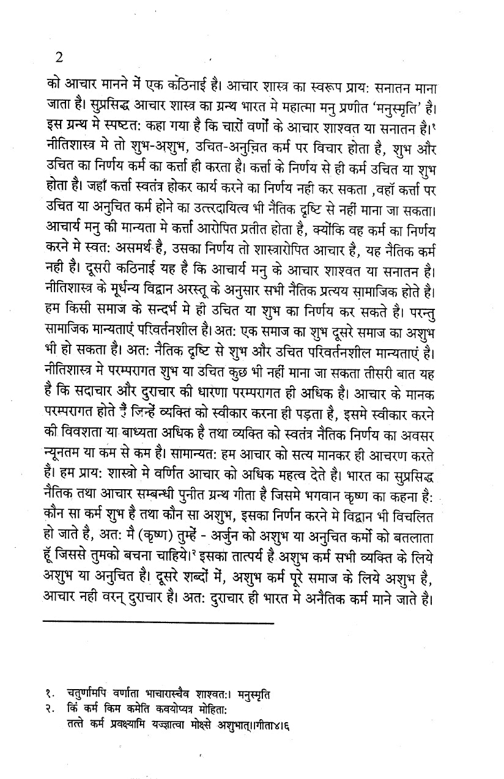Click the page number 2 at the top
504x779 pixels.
point(59,58)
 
